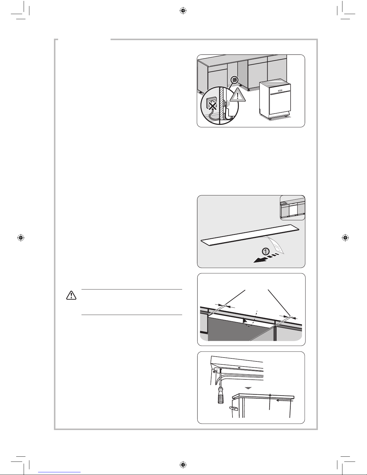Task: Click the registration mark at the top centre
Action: (x=183, y=10)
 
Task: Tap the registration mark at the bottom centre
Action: (x=183, y=465)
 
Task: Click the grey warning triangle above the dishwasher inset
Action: (x=238, y=95)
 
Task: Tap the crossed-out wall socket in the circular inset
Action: (x=212, y=104)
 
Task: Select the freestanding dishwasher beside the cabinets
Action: (x=275, y=100)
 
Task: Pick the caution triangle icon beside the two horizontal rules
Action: (x=71, y=295)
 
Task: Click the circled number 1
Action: (x=266, y=252)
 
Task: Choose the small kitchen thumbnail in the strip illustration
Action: (x=292, y=208)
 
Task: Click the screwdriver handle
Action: (x=220, y=399)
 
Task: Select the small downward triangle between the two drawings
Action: (x=248, y=388)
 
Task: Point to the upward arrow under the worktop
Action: (x=270, y=402)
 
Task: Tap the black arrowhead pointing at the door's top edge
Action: (x=245, y=321)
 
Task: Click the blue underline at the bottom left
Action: (x=59, y=472)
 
